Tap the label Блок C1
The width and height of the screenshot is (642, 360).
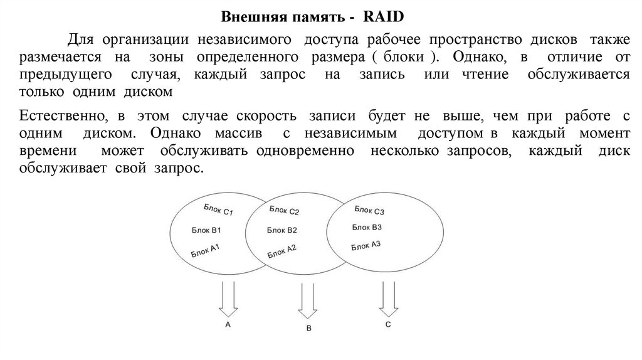(x=218, y=210)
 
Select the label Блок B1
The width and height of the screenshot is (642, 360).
(x=207, y=231)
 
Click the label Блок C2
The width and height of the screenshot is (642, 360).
(x=285, y=210)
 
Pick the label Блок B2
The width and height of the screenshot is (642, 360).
(x=282, y=230)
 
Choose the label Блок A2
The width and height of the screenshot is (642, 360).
(x=282, y=251)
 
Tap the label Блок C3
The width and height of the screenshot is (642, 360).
(x=369, y=209)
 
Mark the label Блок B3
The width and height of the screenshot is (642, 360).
(x=367, y=227)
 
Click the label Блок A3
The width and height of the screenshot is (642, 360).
(x=366, y=245)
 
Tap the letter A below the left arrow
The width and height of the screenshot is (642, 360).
(x=228, y=324)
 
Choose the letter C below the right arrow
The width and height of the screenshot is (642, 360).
(x=388, y=324)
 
